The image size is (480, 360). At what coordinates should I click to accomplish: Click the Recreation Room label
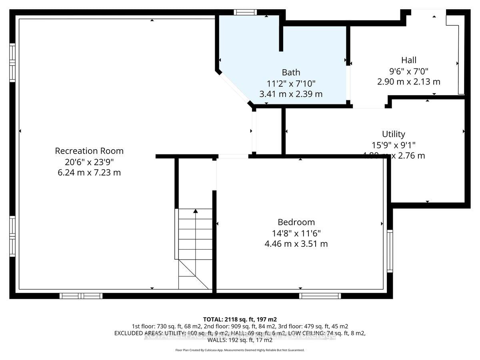coord(89,151)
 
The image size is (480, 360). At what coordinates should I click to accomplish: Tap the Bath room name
coord(291,72)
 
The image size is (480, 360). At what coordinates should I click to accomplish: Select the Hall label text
coord(409,60)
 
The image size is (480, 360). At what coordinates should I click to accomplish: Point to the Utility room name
coord(393,134)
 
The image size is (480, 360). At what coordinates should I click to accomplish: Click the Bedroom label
coord(296,222)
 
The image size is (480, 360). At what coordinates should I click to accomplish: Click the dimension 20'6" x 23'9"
coord(89,162)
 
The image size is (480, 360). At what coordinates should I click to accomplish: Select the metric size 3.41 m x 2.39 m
coord(291,94)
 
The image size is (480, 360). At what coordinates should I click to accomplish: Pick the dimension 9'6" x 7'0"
coord(409,71)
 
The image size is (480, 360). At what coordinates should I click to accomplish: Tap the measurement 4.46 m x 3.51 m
coord(296,244)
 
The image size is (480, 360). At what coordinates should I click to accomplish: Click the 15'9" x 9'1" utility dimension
coord(393,145)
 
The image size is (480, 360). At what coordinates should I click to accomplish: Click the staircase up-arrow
coord(196,211)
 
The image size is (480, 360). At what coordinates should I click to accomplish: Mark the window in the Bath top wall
coord(245,12)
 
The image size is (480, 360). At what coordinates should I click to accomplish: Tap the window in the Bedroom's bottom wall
coord(320,296)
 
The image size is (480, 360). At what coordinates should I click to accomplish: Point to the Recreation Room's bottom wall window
coord(81,296)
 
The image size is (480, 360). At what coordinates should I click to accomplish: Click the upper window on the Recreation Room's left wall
coord(12,63)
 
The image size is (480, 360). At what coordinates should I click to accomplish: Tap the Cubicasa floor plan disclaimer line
coord(240,350)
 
